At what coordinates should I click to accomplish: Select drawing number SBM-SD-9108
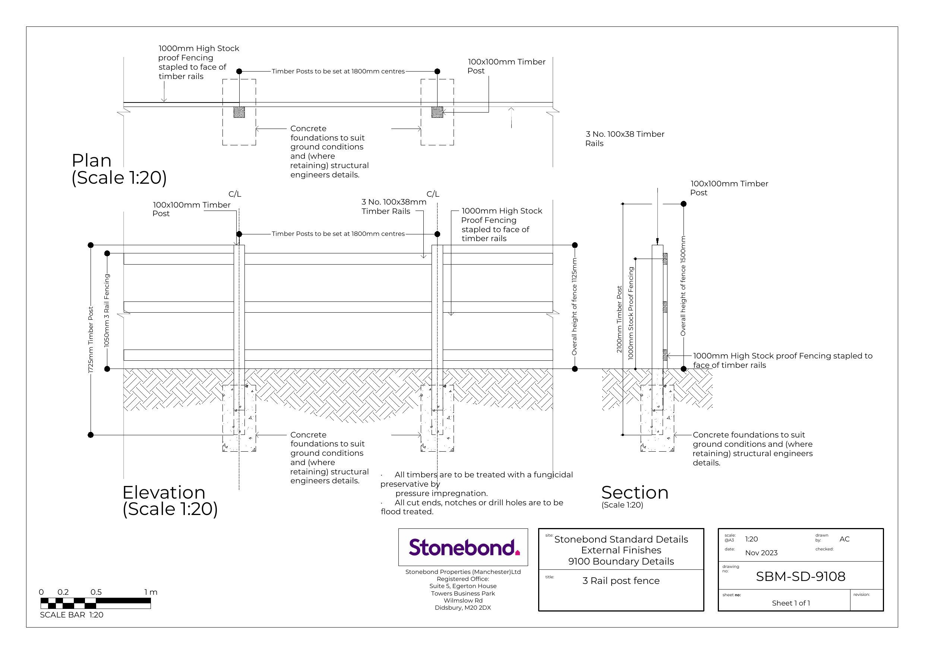click(x=800, y=576)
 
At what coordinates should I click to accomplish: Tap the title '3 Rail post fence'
click(x=621, y=581)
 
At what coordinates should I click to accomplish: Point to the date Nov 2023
click(x=761, y=553)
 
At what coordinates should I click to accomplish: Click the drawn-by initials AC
click(x=845, y=539)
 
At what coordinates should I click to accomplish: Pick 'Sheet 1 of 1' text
click(x=790, y=603)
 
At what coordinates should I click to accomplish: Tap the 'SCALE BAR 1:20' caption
click(x=72, y=615)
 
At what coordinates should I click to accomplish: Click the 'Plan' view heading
click(x=91, y=160)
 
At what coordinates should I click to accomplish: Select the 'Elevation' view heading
click(x=164, y=492)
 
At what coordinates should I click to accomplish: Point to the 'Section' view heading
click(x=635, y=492)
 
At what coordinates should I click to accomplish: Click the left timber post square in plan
click(x=239, y=112)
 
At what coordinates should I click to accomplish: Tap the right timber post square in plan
click(x=437, y=112)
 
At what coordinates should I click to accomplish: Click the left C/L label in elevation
click(x=235, y=194)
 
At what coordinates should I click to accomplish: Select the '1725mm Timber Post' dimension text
click(x=91, y=340)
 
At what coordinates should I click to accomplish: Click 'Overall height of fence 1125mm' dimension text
click(x=575, y=306)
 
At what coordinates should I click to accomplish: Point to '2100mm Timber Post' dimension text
click(x=620, y=319)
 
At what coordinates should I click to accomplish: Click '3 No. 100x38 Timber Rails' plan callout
click(x=625, y=139)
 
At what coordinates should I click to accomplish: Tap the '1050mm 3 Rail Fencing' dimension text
click(x=107, y=310)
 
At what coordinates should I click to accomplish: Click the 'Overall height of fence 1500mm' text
click(x=683, y=286)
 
